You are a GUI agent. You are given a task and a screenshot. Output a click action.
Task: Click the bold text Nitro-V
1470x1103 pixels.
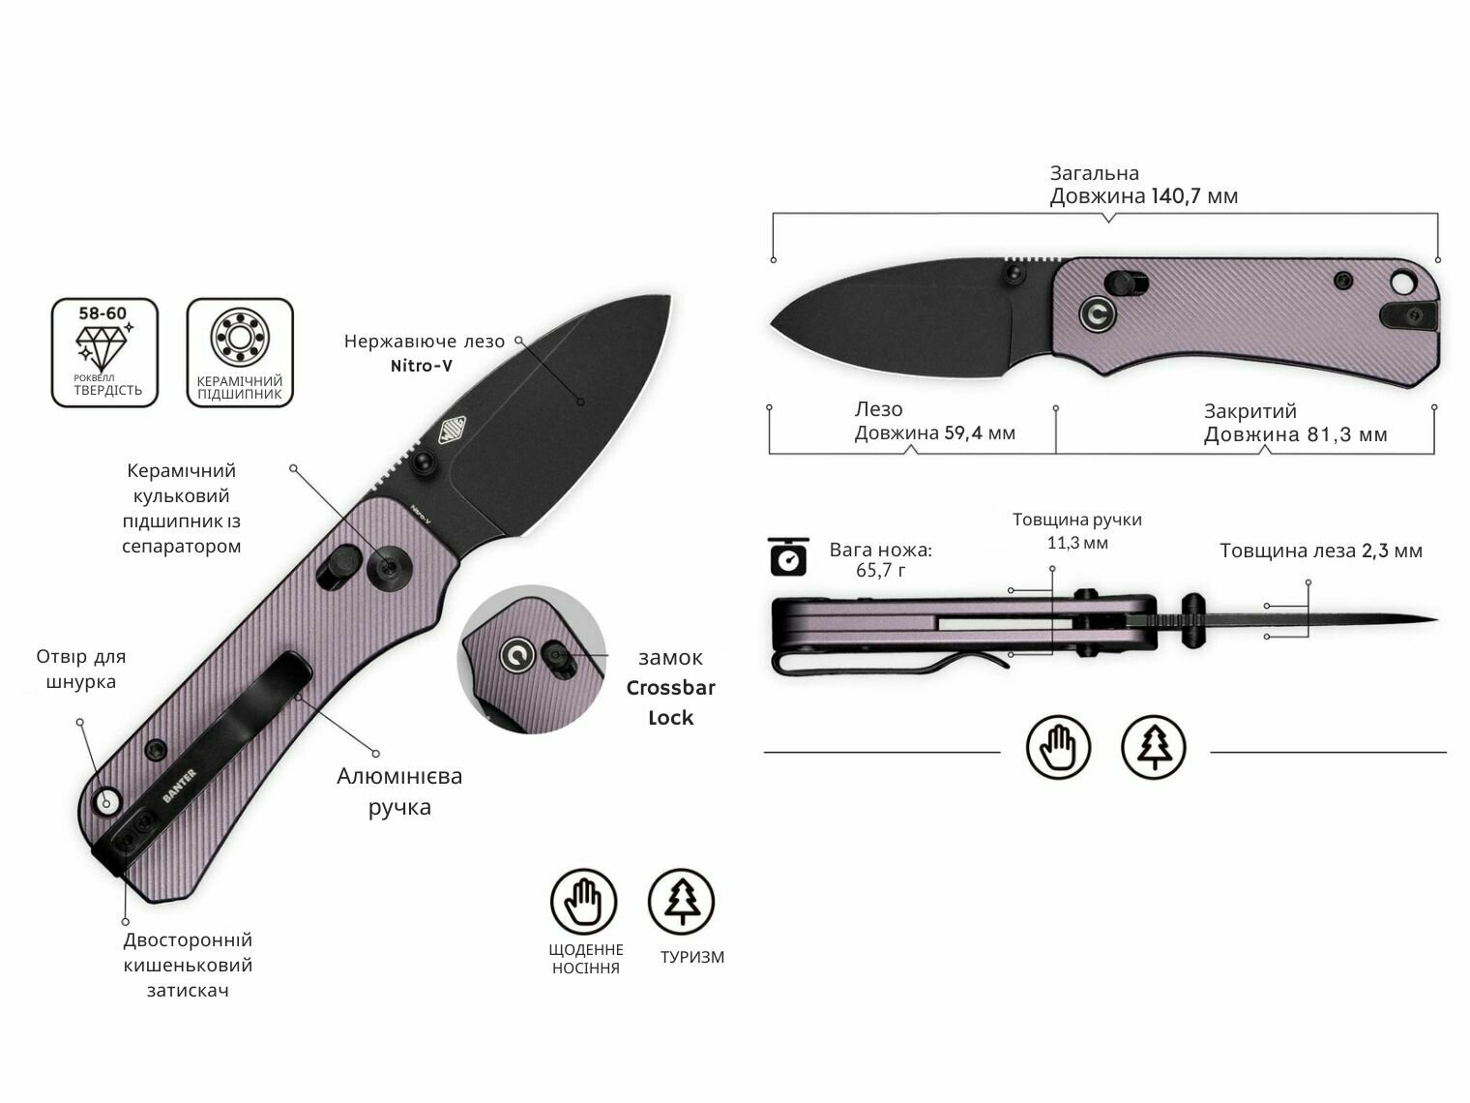(x=422, y=366)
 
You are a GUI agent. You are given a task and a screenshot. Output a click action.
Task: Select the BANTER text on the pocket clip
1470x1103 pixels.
(x=180, y=786)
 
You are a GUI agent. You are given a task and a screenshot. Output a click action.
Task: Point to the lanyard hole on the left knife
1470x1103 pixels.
(x=105, y=801)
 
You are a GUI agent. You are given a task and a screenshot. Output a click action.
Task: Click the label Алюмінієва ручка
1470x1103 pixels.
(x=399, y=791)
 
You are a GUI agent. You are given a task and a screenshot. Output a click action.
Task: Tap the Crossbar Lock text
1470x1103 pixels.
(x=670, y=702)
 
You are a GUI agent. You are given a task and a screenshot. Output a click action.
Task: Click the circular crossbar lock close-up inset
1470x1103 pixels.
(x=531, y=660)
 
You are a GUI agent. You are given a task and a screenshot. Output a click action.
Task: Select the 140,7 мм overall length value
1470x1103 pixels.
(x=1194, y=196)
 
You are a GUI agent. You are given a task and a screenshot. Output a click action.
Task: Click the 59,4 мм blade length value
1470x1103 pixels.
(x=980, y=432)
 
